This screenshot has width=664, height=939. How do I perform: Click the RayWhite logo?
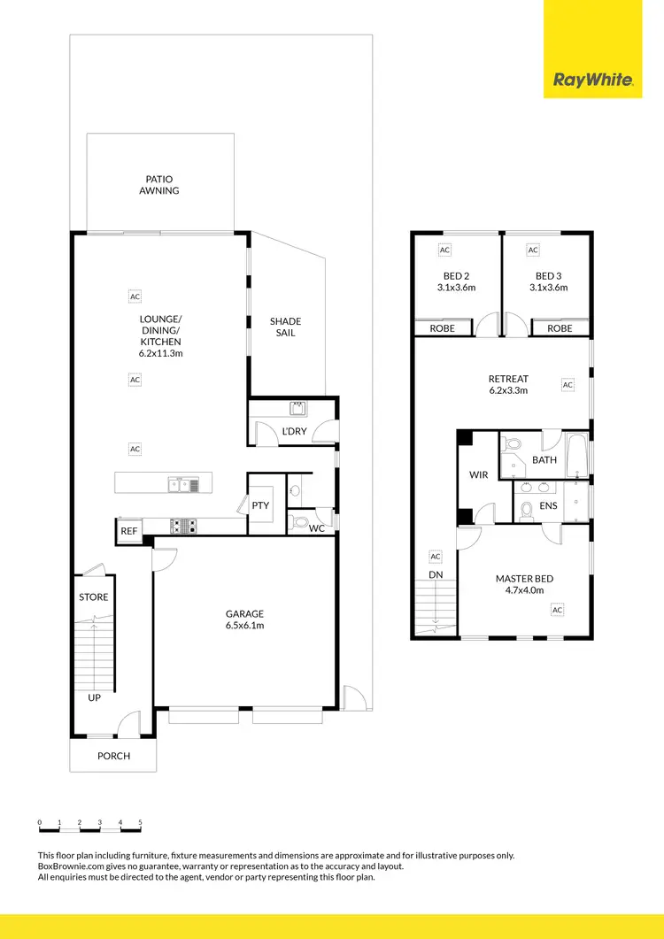(x=593, y=81)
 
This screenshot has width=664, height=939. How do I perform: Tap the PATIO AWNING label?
(x=159, y=184)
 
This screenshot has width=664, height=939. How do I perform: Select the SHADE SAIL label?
(x=285, y=327)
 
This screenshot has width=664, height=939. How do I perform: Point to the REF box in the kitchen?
(x=128, y=531)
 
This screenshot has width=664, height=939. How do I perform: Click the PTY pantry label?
(x=260, y=505)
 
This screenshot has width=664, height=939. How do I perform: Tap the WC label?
(x=316, y=528)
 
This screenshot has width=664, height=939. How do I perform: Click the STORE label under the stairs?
(x=94, y=596)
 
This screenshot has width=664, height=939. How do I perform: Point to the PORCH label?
(x=113, y=756)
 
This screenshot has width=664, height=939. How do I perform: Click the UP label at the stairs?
(x=94, y=698)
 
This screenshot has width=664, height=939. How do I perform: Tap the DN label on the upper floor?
(x=435, y=573)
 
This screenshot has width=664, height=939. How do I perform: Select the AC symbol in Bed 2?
(x=444, y=250)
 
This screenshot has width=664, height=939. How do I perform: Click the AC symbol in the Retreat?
(x=567, y=385)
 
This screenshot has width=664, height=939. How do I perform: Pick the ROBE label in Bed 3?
(x=560, y=328)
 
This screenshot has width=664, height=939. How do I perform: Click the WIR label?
(x=478, y=475)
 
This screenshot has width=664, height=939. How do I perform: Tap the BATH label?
(x=544, y=460)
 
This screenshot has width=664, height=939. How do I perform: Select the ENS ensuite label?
(x=548, y=506)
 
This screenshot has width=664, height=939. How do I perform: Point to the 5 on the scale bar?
(x=140, y=823)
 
